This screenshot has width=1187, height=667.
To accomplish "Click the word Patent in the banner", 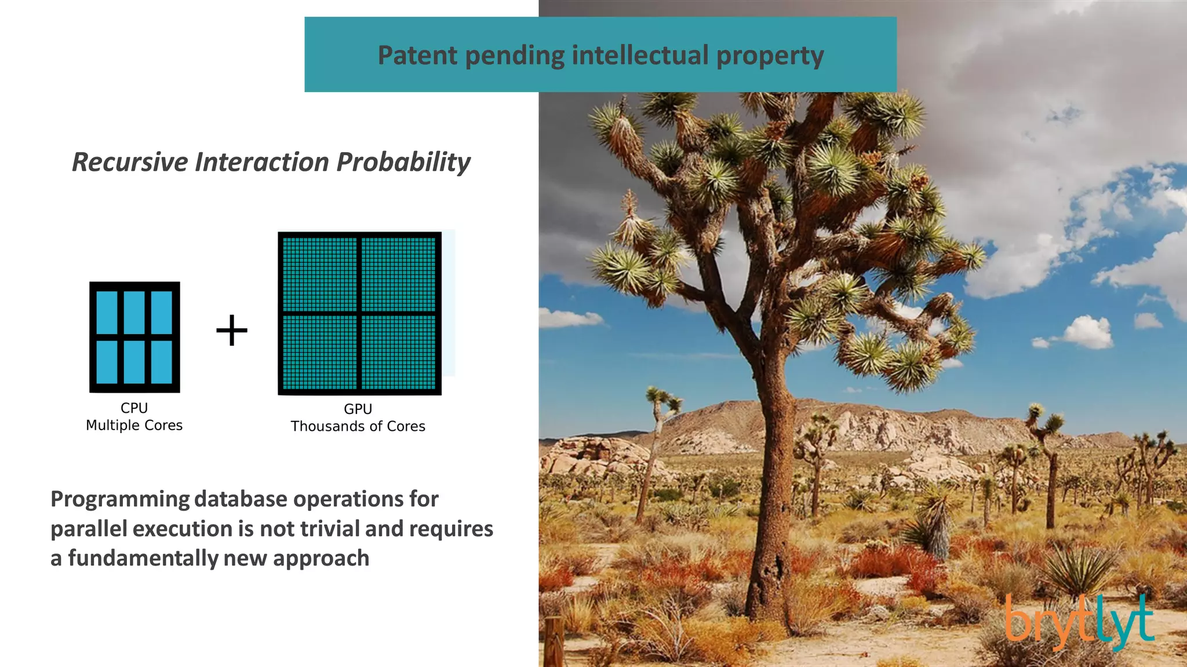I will point(417,56).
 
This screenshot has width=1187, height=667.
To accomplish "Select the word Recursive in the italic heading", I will point(130,162).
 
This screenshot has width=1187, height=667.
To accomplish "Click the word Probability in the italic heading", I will point(403,162).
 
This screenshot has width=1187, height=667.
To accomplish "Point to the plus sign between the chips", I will point(232,331).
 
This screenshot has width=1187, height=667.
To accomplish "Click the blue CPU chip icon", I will point(134,337).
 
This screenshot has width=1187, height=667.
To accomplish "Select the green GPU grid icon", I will point(359,313).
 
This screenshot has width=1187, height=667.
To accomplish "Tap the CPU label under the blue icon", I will point(134,408).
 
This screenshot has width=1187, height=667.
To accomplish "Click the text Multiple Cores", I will point(134,426).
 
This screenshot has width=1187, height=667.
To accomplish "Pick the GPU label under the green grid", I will point(358,409).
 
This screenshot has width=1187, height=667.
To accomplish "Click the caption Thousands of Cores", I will point(358,427).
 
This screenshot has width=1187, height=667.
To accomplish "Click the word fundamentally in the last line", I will point(143,558).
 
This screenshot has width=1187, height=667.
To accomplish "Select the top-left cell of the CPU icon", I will point(107,312).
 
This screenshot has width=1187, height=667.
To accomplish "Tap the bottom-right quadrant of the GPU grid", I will point(398,352).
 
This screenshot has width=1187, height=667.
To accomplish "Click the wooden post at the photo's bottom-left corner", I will point(554,643).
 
